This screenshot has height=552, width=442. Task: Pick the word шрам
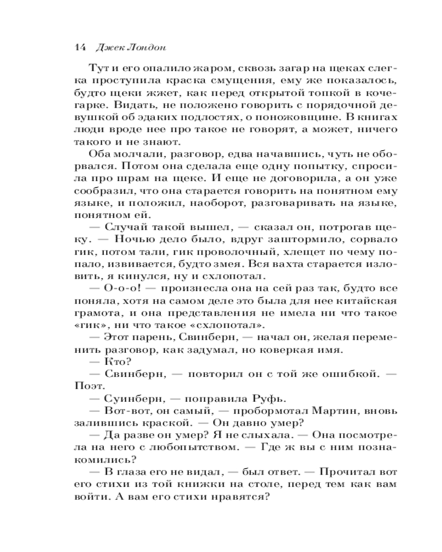[x=145, y=178]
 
